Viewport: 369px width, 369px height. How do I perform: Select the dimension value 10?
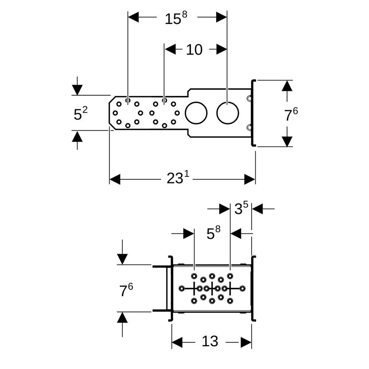[194, 50]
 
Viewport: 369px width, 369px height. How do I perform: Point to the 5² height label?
[80, 113]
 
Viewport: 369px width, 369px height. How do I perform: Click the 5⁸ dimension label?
[213, 232]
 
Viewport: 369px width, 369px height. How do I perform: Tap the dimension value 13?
[210, 341]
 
